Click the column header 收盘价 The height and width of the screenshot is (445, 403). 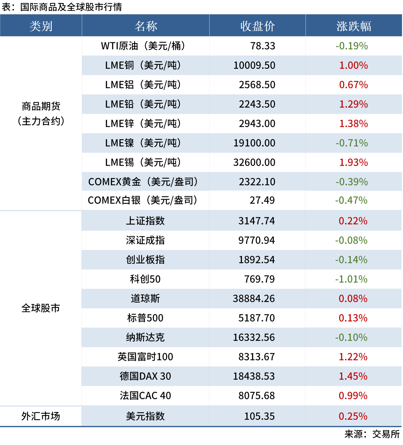(257, 26)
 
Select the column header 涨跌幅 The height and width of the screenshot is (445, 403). (354, 26)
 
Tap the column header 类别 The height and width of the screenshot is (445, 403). (41, 26)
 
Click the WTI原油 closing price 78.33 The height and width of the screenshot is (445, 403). (263, 46)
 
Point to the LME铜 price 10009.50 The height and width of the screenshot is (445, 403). (254, 65)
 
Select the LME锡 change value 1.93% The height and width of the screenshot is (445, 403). (353, 162)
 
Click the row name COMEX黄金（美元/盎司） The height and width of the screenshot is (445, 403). (143, 182)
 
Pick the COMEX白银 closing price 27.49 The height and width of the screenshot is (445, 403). (262, 200)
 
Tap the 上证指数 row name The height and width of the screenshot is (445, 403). (145, 221)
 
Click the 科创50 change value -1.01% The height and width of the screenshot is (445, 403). (351, 279)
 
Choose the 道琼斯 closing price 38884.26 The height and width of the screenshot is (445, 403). (254, 299)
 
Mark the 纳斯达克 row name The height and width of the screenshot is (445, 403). (145, 337)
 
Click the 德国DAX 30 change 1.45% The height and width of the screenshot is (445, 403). (353, 376)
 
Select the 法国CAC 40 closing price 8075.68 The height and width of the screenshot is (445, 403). (256, 396)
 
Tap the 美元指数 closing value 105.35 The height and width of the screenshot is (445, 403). (259, 416)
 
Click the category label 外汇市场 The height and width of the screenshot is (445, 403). (41, 416)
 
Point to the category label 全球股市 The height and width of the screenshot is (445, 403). (41, 308)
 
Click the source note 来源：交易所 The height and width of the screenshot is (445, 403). (372, 434)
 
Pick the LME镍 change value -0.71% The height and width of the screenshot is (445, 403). (351, 143)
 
